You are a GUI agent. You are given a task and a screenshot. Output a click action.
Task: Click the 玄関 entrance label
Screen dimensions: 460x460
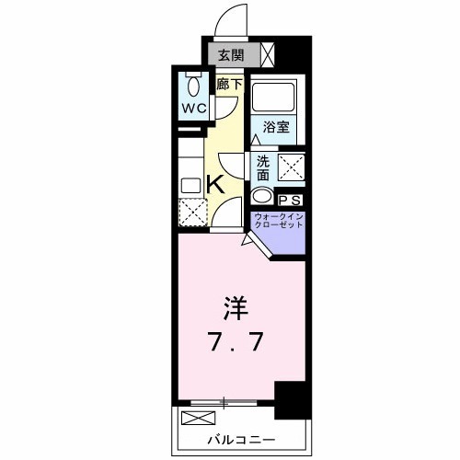231,56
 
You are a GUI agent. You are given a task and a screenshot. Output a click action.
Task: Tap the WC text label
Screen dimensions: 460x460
192,108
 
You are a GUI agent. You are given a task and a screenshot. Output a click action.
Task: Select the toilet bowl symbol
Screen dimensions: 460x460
192,86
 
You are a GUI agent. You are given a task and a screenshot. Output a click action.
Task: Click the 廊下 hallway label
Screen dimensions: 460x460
228,84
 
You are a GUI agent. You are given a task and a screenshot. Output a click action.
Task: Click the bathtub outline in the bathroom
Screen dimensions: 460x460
273,99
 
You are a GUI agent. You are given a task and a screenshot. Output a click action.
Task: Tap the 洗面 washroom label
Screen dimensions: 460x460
262,167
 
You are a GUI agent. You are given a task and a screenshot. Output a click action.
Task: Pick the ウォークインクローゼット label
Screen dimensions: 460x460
279,222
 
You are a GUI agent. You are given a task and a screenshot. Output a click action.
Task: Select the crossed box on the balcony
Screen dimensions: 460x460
196,419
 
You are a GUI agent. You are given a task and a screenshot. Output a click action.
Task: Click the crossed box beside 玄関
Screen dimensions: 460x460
268,55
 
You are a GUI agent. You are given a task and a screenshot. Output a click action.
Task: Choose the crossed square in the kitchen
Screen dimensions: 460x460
192,213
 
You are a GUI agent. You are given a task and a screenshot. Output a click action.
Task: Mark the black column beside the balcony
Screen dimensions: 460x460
290,400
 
